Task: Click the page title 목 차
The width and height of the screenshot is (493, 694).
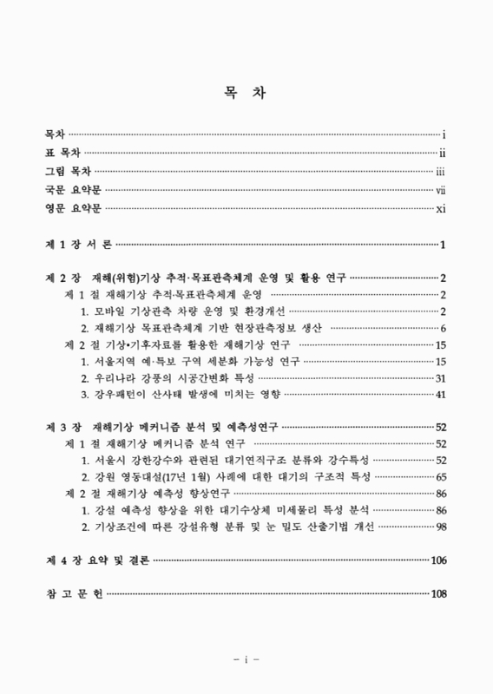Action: point(246,88)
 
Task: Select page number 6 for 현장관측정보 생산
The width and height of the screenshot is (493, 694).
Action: point(443,328)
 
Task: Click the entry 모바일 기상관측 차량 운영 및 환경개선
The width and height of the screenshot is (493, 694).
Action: point(182,311)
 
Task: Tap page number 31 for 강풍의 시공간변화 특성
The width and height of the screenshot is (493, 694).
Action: point(440,378)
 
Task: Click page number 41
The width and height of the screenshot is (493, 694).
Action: point(440,395)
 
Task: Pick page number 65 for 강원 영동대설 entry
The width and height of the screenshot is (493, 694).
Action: point(440,478)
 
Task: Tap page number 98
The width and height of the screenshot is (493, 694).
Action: point(440,527)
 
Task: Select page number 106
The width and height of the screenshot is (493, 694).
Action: point(437,561)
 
